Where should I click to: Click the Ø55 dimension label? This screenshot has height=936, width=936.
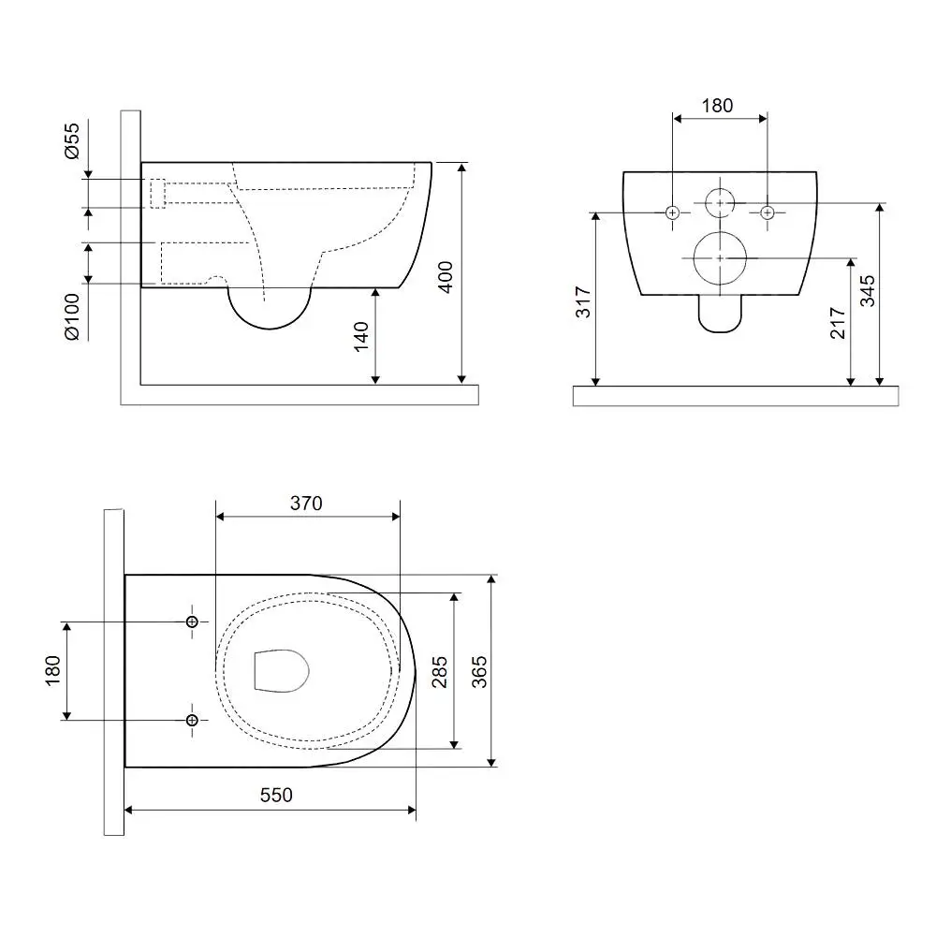click(71, 141)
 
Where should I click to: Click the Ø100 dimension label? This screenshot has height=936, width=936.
click(72, 316)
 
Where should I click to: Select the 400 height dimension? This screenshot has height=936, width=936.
click(446, 277)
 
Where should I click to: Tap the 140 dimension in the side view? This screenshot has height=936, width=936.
click(361, 337)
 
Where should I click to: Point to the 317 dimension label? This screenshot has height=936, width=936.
click(582, 302)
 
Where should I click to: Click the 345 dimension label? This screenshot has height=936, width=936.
click(868, 291)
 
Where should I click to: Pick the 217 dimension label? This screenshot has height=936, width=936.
click(838, 323)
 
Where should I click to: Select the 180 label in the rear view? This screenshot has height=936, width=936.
click(717, 106)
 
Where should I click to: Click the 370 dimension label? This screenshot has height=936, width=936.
click(306, 504)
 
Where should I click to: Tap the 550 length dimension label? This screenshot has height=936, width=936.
click(276, 795)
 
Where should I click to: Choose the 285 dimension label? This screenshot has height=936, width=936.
click(439, 672)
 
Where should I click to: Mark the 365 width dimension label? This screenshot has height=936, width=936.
click(479, 672)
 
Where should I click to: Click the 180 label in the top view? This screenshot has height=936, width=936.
click(52, 671)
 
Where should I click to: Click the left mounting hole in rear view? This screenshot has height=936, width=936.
click(673, 212)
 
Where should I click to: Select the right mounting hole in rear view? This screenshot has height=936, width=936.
click(768, 212)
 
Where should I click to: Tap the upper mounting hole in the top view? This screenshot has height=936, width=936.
click(192, 622)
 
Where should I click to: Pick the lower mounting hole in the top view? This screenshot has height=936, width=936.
click(192, 721)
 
